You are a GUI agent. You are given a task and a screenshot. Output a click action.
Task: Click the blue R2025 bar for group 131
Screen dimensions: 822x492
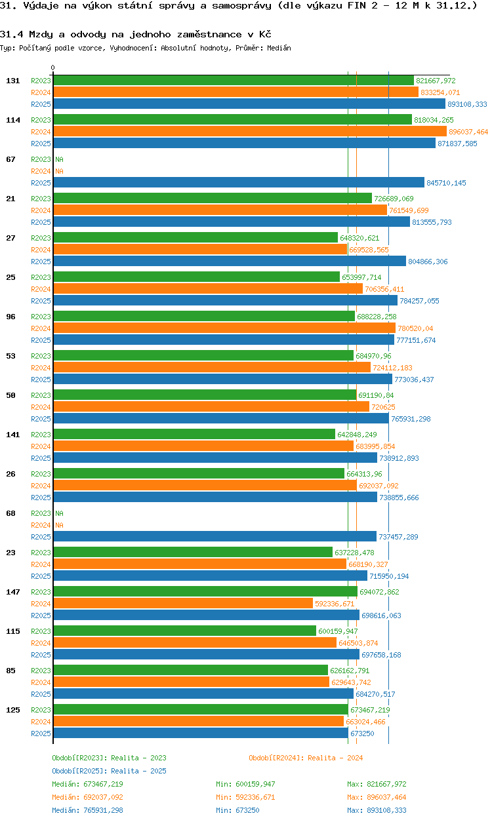click(x=249, y=104)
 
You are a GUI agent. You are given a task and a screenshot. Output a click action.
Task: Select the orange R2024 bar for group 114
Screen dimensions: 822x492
click(x=250, y=131)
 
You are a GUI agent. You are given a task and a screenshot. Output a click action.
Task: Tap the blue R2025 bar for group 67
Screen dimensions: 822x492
click(x=239, y=182)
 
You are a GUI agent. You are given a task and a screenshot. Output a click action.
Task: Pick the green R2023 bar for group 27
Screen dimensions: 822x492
click(x=195, y=237)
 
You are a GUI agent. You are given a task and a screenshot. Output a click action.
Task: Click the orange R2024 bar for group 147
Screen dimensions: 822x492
click(x=183, y=603)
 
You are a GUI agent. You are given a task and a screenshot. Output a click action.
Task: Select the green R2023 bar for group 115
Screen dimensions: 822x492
click(x=184, y=631)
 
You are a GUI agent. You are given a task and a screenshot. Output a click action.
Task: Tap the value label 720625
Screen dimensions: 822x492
click(x=383, y=407)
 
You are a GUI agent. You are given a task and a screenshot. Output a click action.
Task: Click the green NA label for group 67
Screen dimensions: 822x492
click(x=59, y=159)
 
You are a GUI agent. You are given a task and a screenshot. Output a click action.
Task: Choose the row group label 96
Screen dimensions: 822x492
click(x=11, y=317)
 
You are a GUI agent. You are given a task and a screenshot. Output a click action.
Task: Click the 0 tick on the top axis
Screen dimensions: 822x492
click(x=53, y=68)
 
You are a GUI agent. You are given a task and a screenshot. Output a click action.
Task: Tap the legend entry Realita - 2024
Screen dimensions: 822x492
click(x=306, y=758)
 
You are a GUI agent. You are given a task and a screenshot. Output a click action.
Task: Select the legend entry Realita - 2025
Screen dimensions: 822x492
click(x=109, y=771)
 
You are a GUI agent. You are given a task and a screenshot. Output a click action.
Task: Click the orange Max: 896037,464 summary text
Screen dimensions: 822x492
click(x=377, y=797)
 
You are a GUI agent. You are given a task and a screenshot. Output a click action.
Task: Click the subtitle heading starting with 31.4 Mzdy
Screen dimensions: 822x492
click(x=136, y=34)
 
